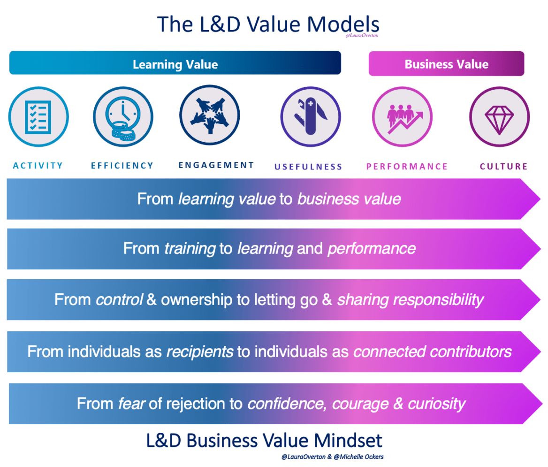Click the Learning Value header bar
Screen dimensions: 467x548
[175, 63]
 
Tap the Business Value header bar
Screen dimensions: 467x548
[446, 64]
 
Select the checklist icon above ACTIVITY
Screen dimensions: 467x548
[38, 117]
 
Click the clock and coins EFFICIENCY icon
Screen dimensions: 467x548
[123, 117]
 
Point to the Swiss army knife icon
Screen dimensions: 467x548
[311, 117]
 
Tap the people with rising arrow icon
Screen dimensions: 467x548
[402, 117]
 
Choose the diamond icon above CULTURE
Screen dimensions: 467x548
[499, 117]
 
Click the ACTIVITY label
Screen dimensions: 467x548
[38, 166]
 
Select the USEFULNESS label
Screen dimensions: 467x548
[308, 167]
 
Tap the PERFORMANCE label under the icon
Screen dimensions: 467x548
[407, 167]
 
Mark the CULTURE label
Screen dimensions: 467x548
[503, 167]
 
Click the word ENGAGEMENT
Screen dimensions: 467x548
[216, 165]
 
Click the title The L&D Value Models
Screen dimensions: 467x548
[268, 24]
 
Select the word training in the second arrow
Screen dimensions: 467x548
[190, 248]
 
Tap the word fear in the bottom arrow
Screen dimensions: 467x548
[131, 404]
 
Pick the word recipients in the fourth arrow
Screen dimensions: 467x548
[200, 352]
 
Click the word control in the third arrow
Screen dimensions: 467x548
[119, 299]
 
